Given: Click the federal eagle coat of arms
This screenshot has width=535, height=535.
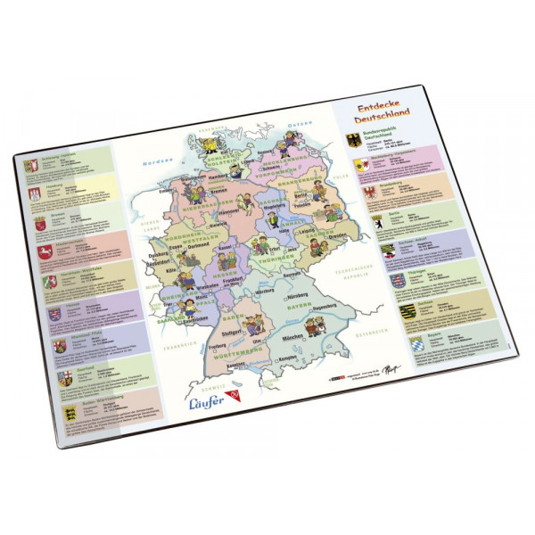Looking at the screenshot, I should tap(352, 141).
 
